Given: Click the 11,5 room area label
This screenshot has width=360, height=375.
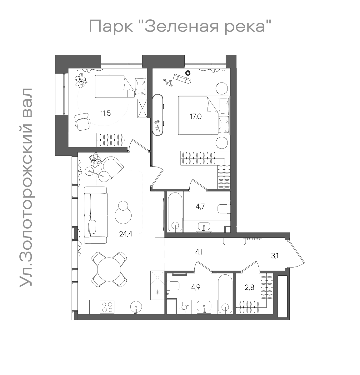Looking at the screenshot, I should [x=106, y=113].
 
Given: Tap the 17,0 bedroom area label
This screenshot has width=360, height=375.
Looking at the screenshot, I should [x=196, y=117].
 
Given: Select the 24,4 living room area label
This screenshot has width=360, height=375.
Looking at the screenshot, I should [x=126, y=234].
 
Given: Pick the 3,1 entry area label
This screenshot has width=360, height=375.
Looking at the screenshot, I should [x=275, y=257].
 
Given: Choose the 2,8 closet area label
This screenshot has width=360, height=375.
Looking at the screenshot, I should [x=249, y=287].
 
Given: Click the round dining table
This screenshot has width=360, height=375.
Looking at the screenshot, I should [x=109, y=269].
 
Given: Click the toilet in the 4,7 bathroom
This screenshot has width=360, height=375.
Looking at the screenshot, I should [x=224, y=208].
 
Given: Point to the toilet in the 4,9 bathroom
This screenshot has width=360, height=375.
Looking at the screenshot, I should [x=173, y=285].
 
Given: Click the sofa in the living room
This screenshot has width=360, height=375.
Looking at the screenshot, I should [x=96, y=215].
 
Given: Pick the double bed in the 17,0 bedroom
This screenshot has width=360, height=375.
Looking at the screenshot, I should [x=204, y=116].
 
